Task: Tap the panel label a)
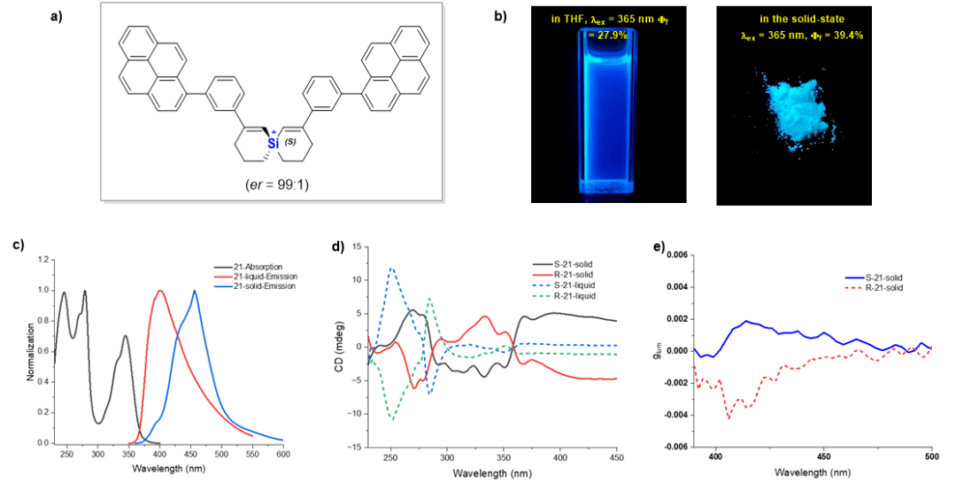59,15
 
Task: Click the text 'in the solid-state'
801,19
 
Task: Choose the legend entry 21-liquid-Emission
265,277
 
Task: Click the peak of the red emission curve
159,291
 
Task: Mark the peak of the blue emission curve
194,291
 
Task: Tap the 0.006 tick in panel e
676,254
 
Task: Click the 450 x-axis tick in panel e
824,457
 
